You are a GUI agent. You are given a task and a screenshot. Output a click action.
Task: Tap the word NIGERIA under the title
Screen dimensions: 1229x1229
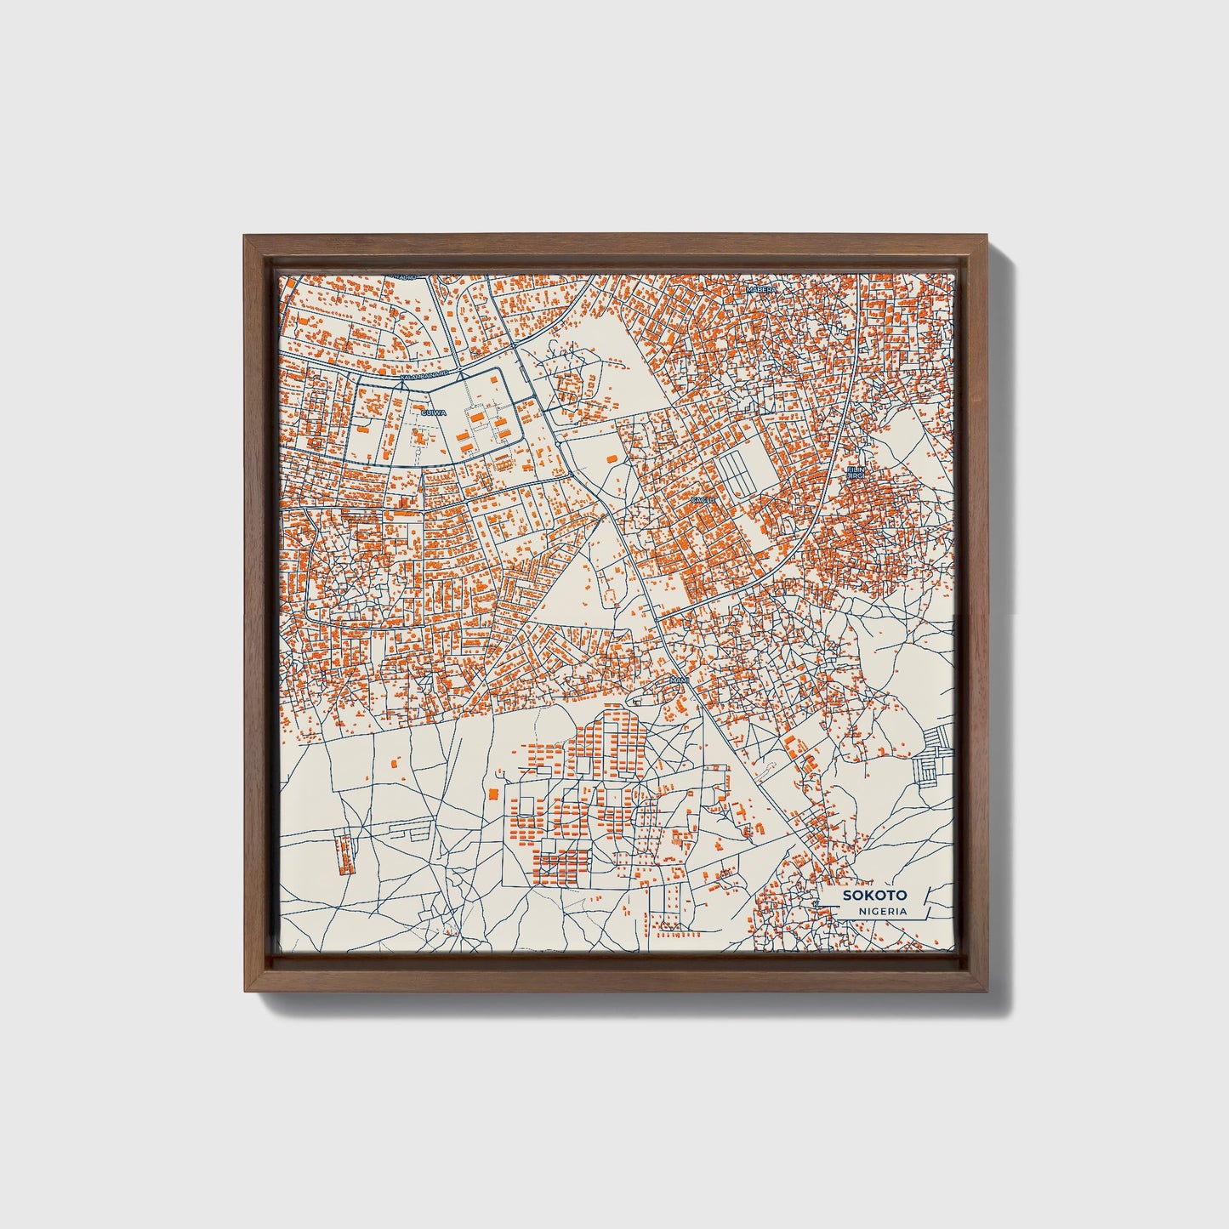click(x=882, y=912)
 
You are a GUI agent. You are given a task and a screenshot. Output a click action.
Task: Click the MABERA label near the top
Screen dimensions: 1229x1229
click(x=761, y=290)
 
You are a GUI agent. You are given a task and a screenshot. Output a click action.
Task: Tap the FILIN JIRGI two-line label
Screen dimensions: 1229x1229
click(x=854, y=473)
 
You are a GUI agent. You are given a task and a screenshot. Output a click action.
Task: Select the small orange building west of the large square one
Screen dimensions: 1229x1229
click(x=395, y=764)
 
